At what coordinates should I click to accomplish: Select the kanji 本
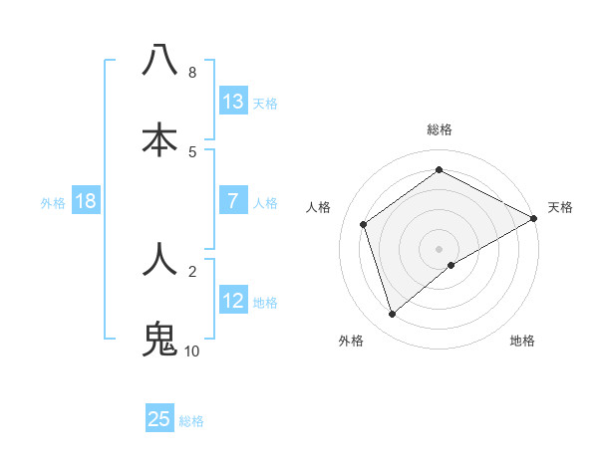click(x=159, y=138)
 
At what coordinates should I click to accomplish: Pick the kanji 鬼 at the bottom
click(x=159, y=339)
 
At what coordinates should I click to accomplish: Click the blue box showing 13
click(x=233, y=102)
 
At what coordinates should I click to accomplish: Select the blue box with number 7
click(x=233, y=201)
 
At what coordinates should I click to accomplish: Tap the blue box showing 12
click(x=233, y=301)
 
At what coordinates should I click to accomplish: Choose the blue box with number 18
click(x=86, y=201)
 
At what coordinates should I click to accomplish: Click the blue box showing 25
click(x=159, y=419)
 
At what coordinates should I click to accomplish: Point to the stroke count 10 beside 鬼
click(x=191, y=351)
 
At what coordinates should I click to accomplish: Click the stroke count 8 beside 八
click(x=191, y=73)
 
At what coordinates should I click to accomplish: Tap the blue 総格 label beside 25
click(x=192, y=421)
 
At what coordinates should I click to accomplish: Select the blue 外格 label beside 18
click(x=53, y=203)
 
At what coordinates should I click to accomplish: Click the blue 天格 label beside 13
click(x=265, y=104)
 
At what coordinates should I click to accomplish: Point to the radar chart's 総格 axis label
click(x=440, y=129)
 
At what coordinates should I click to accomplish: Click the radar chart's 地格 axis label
click(x=522, y=342)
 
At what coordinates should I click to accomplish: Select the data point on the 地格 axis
click(x=451, y=265)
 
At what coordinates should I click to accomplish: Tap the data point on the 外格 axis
click(x=392, y=315)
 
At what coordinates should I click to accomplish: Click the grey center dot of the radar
click(x=440, y=248)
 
